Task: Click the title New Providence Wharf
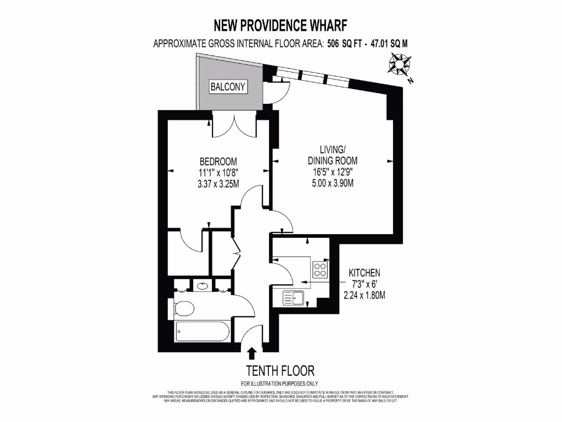click(x=280, y=25)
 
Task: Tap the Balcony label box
click(x=228, y=87)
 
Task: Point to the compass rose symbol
click(x=399, y=65)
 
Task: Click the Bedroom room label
click(x=218, y=162)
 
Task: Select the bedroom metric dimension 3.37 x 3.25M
click(x=218, y=184)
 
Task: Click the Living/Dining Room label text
click(x=333, y=155)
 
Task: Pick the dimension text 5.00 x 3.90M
click(x=333, y=183)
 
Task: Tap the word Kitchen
click(x=365, y=273)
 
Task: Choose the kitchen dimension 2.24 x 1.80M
click(x=365, y=295)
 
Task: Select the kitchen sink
click(x=294, y=298)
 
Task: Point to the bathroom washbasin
click(x=201, y=286)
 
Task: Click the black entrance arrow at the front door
click(x=252, y=353)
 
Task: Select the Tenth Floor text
click(x=280, y=370)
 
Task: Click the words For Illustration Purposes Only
click(x=279, y=383)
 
